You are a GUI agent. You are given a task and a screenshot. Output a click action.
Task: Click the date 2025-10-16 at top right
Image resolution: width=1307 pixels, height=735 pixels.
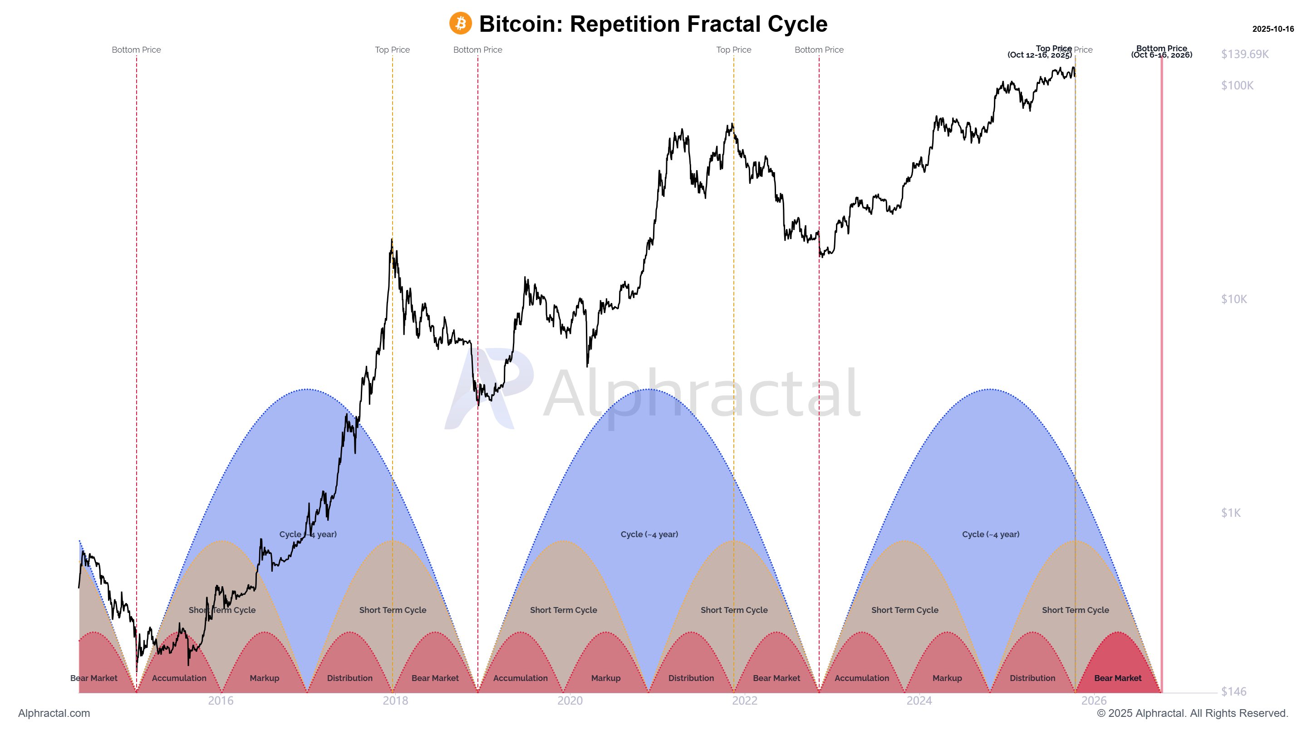[x=1273, y=29]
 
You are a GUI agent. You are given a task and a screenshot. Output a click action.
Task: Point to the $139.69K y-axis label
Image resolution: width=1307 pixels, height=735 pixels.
[x=1244, y=54]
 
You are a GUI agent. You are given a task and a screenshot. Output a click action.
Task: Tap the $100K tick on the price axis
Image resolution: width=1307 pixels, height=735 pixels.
[x=1237, y=85]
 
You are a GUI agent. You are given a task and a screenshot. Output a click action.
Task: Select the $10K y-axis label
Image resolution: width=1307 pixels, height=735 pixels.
[x=1233, y=299]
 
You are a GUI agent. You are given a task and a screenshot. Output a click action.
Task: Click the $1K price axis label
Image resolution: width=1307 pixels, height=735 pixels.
[x=1230, y=513]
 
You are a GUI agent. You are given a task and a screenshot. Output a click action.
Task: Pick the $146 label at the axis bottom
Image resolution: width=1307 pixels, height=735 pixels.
[x=1233, y=692]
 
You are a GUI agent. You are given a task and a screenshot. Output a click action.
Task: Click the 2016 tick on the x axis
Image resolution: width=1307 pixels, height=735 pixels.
[x=221, y=701]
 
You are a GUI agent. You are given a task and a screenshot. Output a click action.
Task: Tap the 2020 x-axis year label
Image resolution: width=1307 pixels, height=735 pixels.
[x=570, y=701]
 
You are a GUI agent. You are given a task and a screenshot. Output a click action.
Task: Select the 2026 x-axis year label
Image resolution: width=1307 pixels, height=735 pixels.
[x=1093, y=701]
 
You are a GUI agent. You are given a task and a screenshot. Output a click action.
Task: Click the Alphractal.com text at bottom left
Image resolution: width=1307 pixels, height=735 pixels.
[x=54, y=713]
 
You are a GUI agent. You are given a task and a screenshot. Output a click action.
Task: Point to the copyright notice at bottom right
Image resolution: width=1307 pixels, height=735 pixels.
[x=1192, y=713]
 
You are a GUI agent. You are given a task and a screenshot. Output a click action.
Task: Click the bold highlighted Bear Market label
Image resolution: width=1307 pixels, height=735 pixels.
[x=1118, y=678]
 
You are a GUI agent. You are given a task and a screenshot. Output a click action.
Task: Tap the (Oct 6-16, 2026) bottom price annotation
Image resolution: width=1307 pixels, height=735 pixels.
[x=1161, y=55]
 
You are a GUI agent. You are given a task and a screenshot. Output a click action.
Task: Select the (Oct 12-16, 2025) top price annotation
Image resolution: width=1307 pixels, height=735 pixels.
[x=1040, y=55]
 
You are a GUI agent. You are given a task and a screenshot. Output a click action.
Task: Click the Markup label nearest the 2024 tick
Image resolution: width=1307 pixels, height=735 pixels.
[x=947, y=678]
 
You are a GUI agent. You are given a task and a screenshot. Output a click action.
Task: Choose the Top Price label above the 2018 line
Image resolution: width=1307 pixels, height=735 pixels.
[x=392, y=50]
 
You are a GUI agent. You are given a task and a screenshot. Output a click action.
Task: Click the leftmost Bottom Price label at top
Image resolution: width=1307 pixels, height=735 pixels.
[x=136, y=50]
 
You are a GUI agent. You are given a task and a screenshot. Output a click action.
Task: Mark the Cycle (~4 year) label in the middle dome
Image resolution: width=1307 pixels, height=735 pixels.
[x=649, y=534]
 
